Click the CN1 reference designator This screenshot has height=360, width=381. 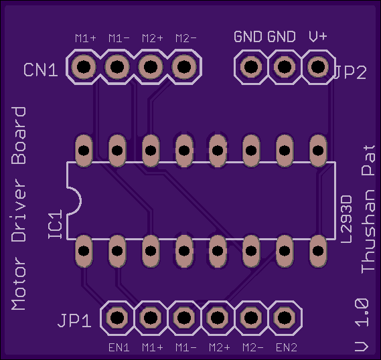41,70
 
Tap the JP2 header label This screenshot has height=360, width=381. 350,72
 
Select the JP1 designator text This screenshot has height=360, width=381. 74,321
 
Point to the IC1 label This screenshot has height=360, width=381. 55,225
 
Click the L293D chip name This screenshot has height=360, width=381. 346,219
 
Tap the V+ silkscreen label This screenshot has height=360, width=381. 318,36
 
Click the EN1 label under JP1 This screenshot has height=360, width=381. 119,347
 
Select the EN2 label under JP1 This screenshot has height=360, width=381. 287,347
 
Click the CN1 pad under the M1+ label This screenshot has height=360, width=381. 84,67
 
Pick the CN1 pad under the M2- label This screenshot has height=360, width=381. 184,67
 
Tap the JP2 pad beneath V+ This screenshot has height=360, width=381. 318,66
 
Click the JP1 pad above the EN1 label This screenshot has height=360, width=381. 117,317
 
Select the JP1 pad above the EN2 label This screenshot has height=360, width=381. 285,317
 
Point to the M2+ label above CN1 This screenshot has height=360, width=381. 153,38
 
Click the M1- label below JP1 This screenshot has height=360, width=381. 186,347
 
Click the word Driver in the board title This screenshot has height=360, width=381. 19,210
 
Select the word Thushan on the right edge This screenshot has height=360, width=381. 368,232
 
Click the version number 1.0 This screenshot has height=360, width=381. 362,312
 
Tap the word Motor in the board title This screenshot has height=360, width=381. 19,284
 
